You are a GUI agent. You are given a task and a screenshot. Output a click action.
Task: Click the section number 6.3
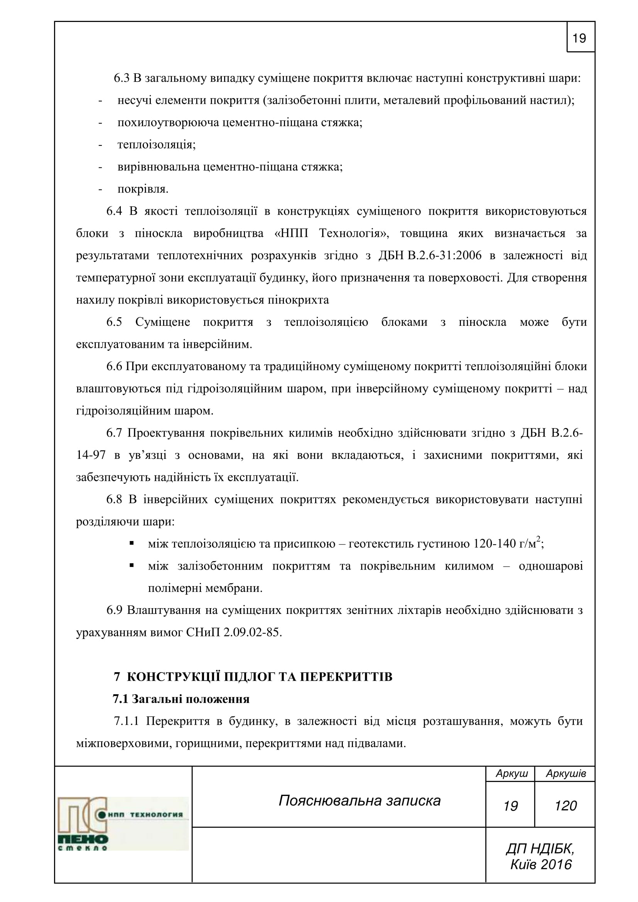[122, 78]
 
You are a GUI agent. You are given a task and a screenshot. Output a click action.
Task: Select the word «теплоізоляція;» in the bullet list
[156, 145]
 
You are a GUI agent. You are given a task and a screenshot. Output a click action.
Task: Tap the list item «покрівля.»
[143, 189]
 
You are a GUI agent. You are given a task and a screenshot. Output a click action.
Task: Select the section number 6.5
[114, 322]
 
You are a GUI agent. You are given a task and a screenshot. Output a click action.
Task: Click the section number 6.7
[114, 433]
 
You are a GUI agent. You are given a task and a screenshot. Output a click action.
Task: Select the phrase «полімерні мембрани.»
[205, 588]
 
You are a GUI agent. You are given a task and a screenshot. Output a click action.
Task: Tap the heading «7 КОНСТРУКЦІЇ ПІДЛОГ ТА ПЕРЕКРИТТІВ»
[253, 677]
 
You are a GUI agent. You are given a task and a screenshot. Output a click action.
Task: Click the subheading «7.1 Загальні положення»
[181, 699]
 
